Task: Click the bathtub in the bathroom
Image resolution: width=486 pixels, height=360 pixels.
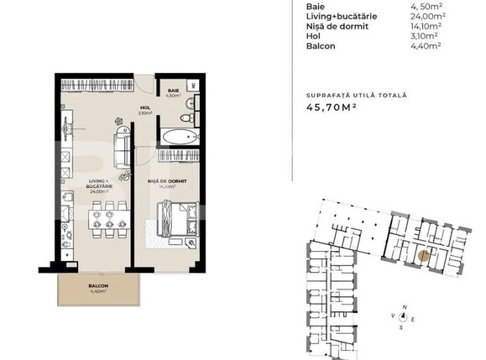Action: pos(179,137)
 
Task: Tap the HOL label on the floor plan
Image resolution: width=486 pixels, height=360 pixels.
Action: pos(144,108)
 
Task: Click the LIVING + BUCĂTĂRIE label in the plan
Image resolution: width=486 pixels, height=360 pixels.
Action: pos(102,185)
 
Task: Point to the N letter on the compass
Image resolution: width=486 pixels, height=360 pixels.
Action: pos(404,307)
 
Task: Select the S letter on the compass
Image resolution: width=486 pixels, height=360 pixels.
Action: pos(404,329)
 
